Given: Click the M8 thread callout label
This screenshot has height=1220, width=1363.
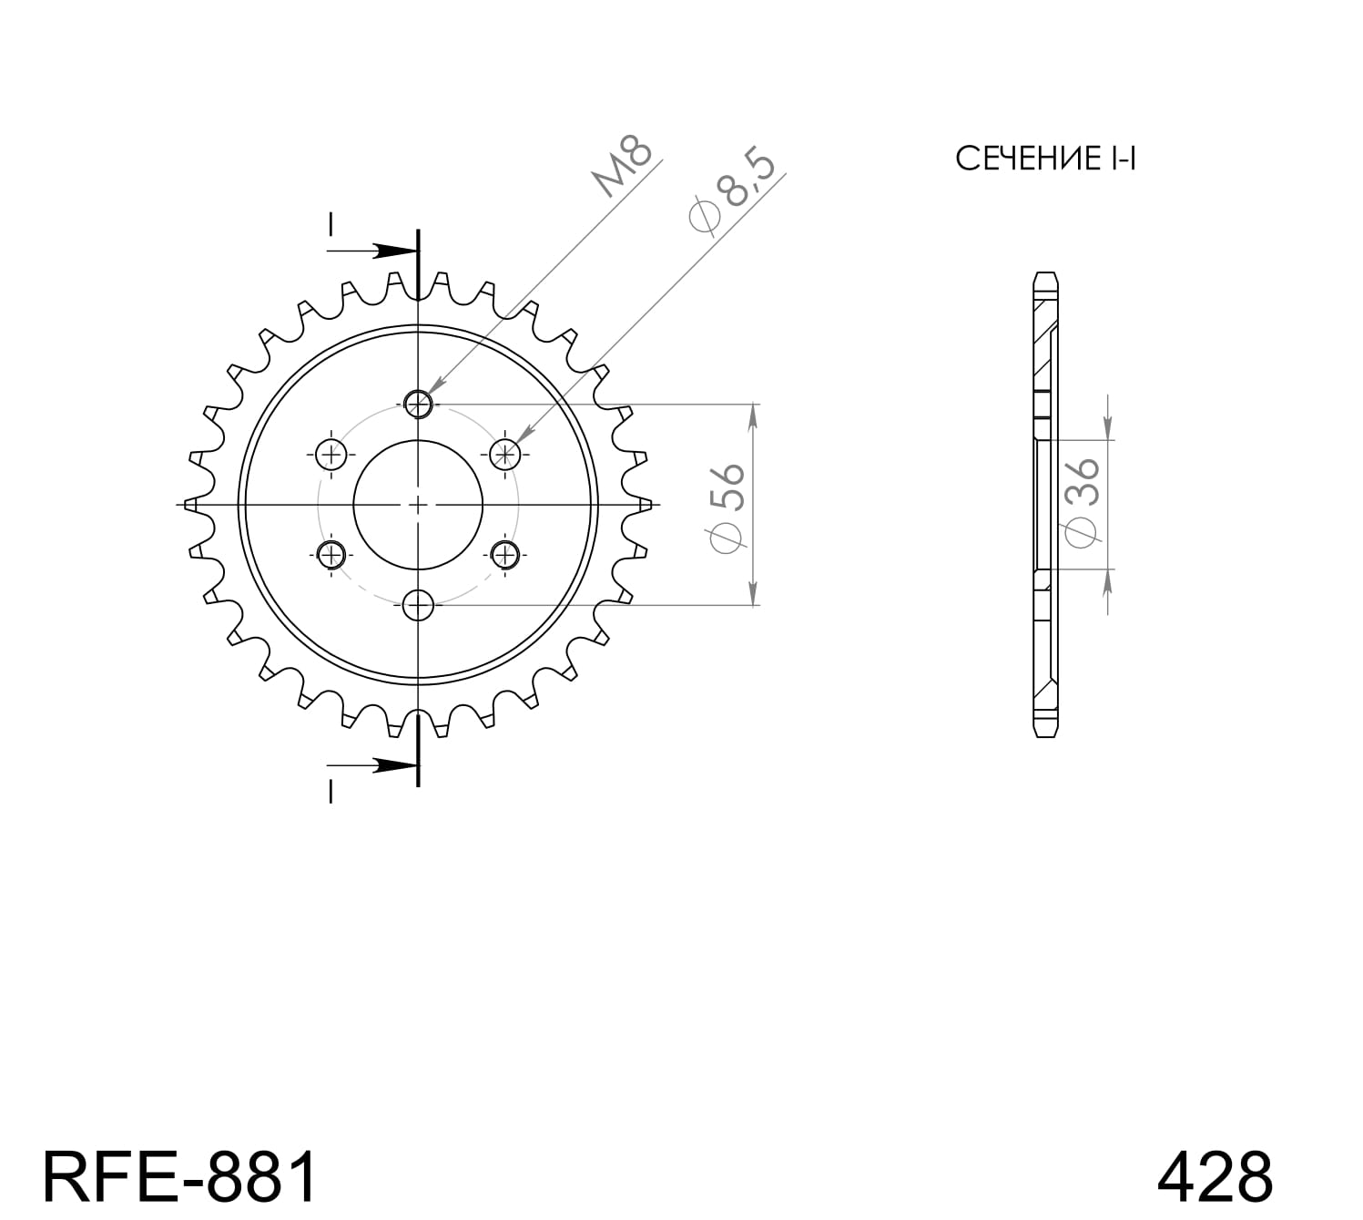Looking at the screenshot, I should (624, 167).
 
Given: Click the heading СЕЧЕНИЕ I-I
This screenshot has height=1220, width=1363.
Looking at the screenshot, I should (1045, 159).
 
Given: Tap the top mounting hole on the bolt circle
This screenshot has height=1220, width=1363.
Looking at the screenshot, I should (418, 403).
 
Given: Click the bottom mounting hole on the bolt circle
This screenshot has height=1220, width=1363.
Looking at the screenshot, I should (418, 604).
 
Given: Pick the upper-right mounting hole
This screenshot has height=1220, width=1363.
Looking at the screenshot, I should (504, 453).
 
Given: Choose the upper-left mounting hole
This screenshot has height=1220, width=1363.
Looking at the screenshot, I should (331, 453).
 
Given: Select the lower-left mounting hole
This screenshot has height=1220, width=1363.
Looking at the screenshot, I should (331, 553).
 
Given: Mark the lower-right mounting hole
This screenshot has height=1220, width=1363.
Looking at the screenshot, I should (504, 553).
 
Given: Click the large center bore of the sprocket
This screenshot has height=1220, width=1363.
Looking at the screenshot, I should (418, 504).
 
